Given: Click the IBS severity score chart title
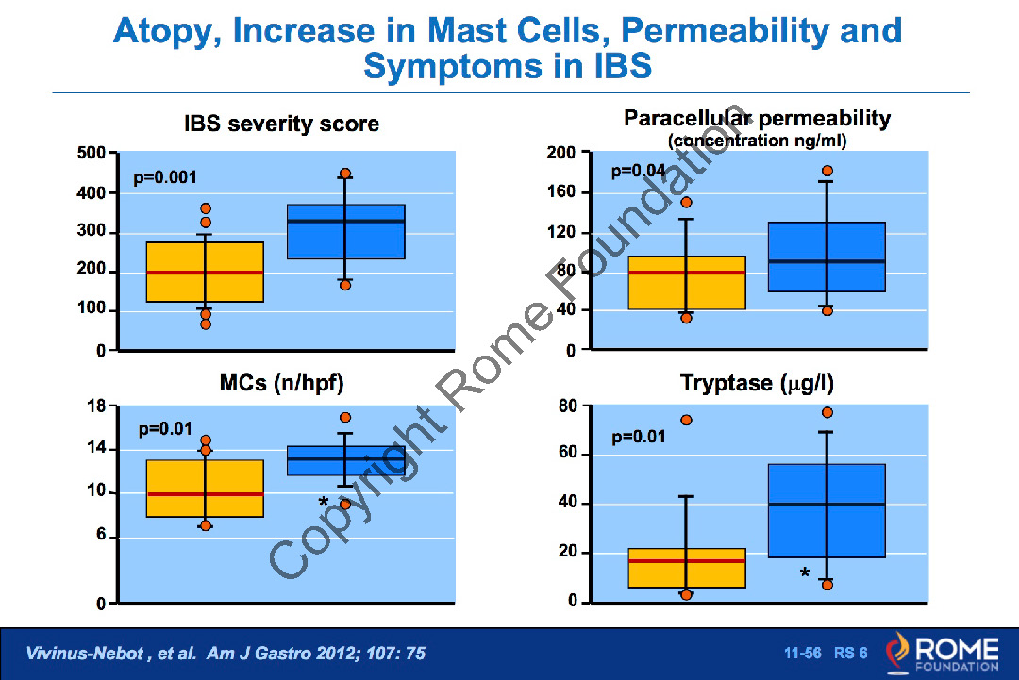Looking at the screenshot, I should pos(281,124).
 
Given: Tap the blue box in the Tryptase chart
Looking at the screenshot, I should pos(827,510).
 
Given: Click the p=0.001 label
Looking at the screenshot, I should pos(165,177).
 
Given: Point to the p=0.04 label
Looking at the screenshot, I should pos(639,171).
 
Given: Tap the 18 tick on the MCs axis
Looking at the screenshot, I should pos(96,406).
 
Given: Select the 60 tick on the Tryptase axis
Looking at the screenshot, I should pos(565,455).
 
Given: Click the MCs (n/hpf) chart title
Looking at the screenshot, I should pos(281,383).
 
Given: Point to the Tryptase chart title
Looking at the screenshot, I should pos(757,384).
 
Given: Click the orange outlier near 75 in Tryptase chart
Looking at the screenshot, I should pos(687,421).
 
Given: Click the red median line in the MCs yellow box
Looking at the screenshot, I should pos(205,493).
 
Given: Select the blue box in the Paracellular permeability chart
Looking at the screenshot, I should pos(827,257).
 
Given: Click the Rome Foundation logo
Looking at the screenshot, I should pos(941,653).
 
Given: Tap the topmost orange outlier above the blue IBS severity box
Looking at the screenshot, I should pos(345,174).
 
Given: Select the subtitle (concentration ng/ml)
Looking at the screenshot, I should pos(757,141).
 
